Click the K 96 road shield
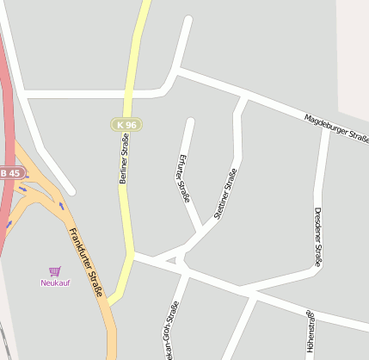126,125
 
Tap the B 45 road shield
9,173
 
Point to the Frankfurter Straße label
86,263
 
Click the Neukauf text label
55,282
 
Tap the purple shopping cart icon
55,271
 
